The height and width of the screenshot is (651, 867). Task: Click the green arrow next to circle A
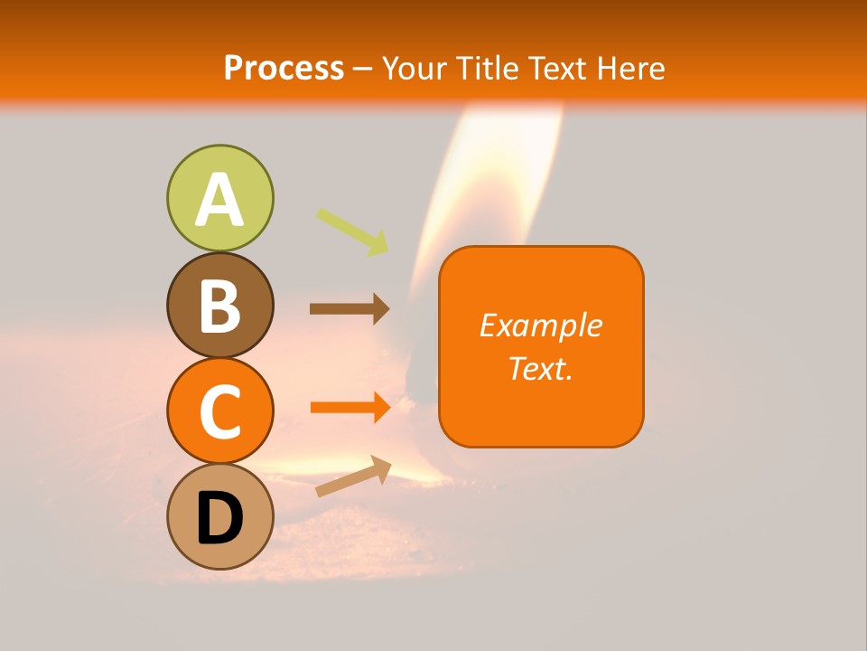pos(353,231)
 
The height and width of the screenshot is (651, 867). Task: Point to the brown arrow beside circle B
pos(350,308)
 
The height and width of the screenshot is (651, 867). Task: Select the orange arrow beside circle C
pos(350,407)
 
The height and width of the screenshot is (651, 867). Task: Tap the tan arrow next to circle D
pos(353,476)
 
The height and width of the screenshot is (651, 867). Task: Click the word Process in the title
pos(284,69)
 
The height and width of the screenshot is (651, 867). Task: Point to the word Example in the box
pos(540,325)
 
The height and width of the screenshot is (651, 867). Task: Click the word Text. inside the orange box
pos(540,368)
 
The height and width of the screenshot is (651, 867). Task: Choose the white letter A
pos(219,199)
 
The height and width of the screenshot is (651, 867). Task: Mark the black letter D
pos(219,520)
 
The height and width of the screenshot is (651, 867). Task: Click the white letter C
pos(219,413)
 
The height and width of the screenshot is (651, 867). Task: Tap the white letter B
pos(219,306)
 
